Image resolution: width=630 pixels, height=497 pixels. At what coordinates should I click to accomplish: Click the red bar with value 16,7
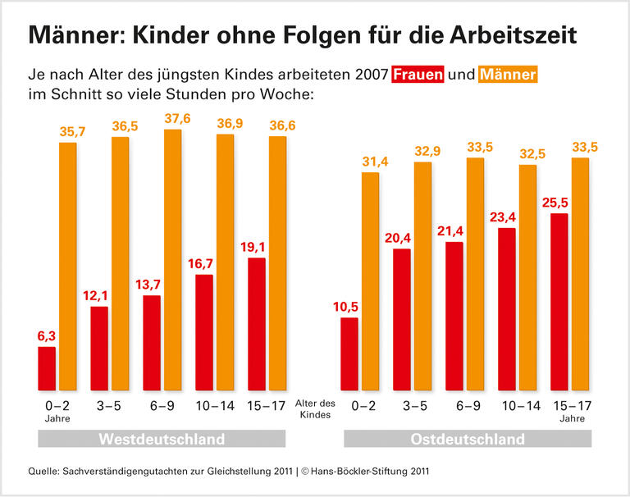(x=203, y=332)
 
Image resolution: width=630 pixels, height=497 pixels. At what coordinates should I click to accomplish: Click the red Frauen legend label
(x=418, y=75)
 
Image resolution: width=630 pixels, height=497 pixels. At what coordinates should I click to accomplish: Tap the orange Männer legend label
(x=508, y=75)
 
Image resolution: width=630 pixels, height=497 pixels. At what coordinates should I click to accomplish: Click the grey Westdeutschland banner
(x=162, y=440)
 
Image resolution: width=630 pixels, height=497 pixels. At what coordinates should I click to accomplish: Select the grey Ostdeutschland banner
(x=467, y=440)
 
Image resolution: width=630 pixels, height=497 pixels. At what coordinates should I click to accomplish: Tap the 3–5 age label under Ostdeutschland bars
(x=414, y=405)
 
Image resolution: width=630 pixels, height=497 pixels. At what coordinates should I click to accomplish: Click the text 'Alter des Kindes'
(x=316, y=409)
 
